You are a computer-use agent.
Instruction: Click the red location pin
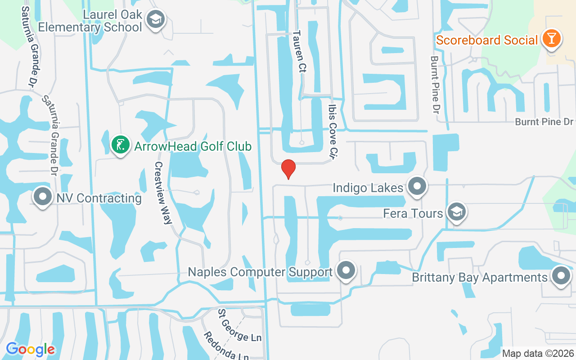[288, 169]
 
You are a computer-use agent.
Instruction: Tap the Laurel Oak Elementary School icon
[156, 19]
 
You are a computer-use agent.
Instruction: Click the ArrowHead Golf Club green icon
[120, 145]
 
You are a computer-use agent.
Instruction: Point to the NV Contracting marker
[43, 197]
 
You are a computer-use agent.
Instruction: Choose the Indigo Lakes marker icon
[417, 186]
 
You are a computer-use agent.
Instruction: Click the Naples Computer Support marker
[346, 271]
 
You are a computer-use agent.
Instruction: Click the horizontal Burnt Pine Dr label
[544, 122]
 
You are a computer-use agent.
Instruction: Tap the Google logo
[30, 349]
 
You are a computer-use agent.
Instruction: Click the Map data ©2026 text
[538, 354]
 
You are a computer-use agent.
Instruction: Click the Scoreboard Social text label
[487, 40]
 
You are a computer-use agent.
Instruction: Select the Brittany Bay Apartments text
[480, 277]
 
